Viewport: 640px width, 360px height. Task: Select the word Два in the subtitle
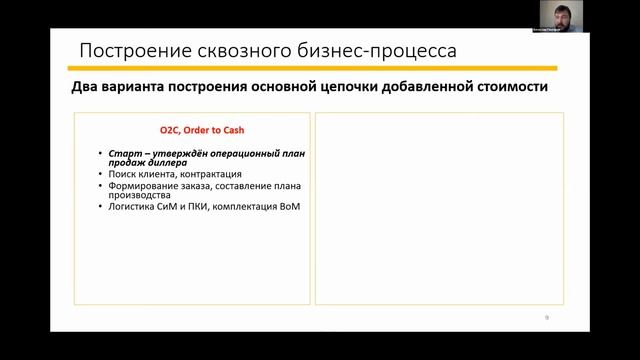click(85, 88)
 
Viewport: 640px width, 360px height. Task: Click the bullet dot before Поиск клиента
click(101, 174)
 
